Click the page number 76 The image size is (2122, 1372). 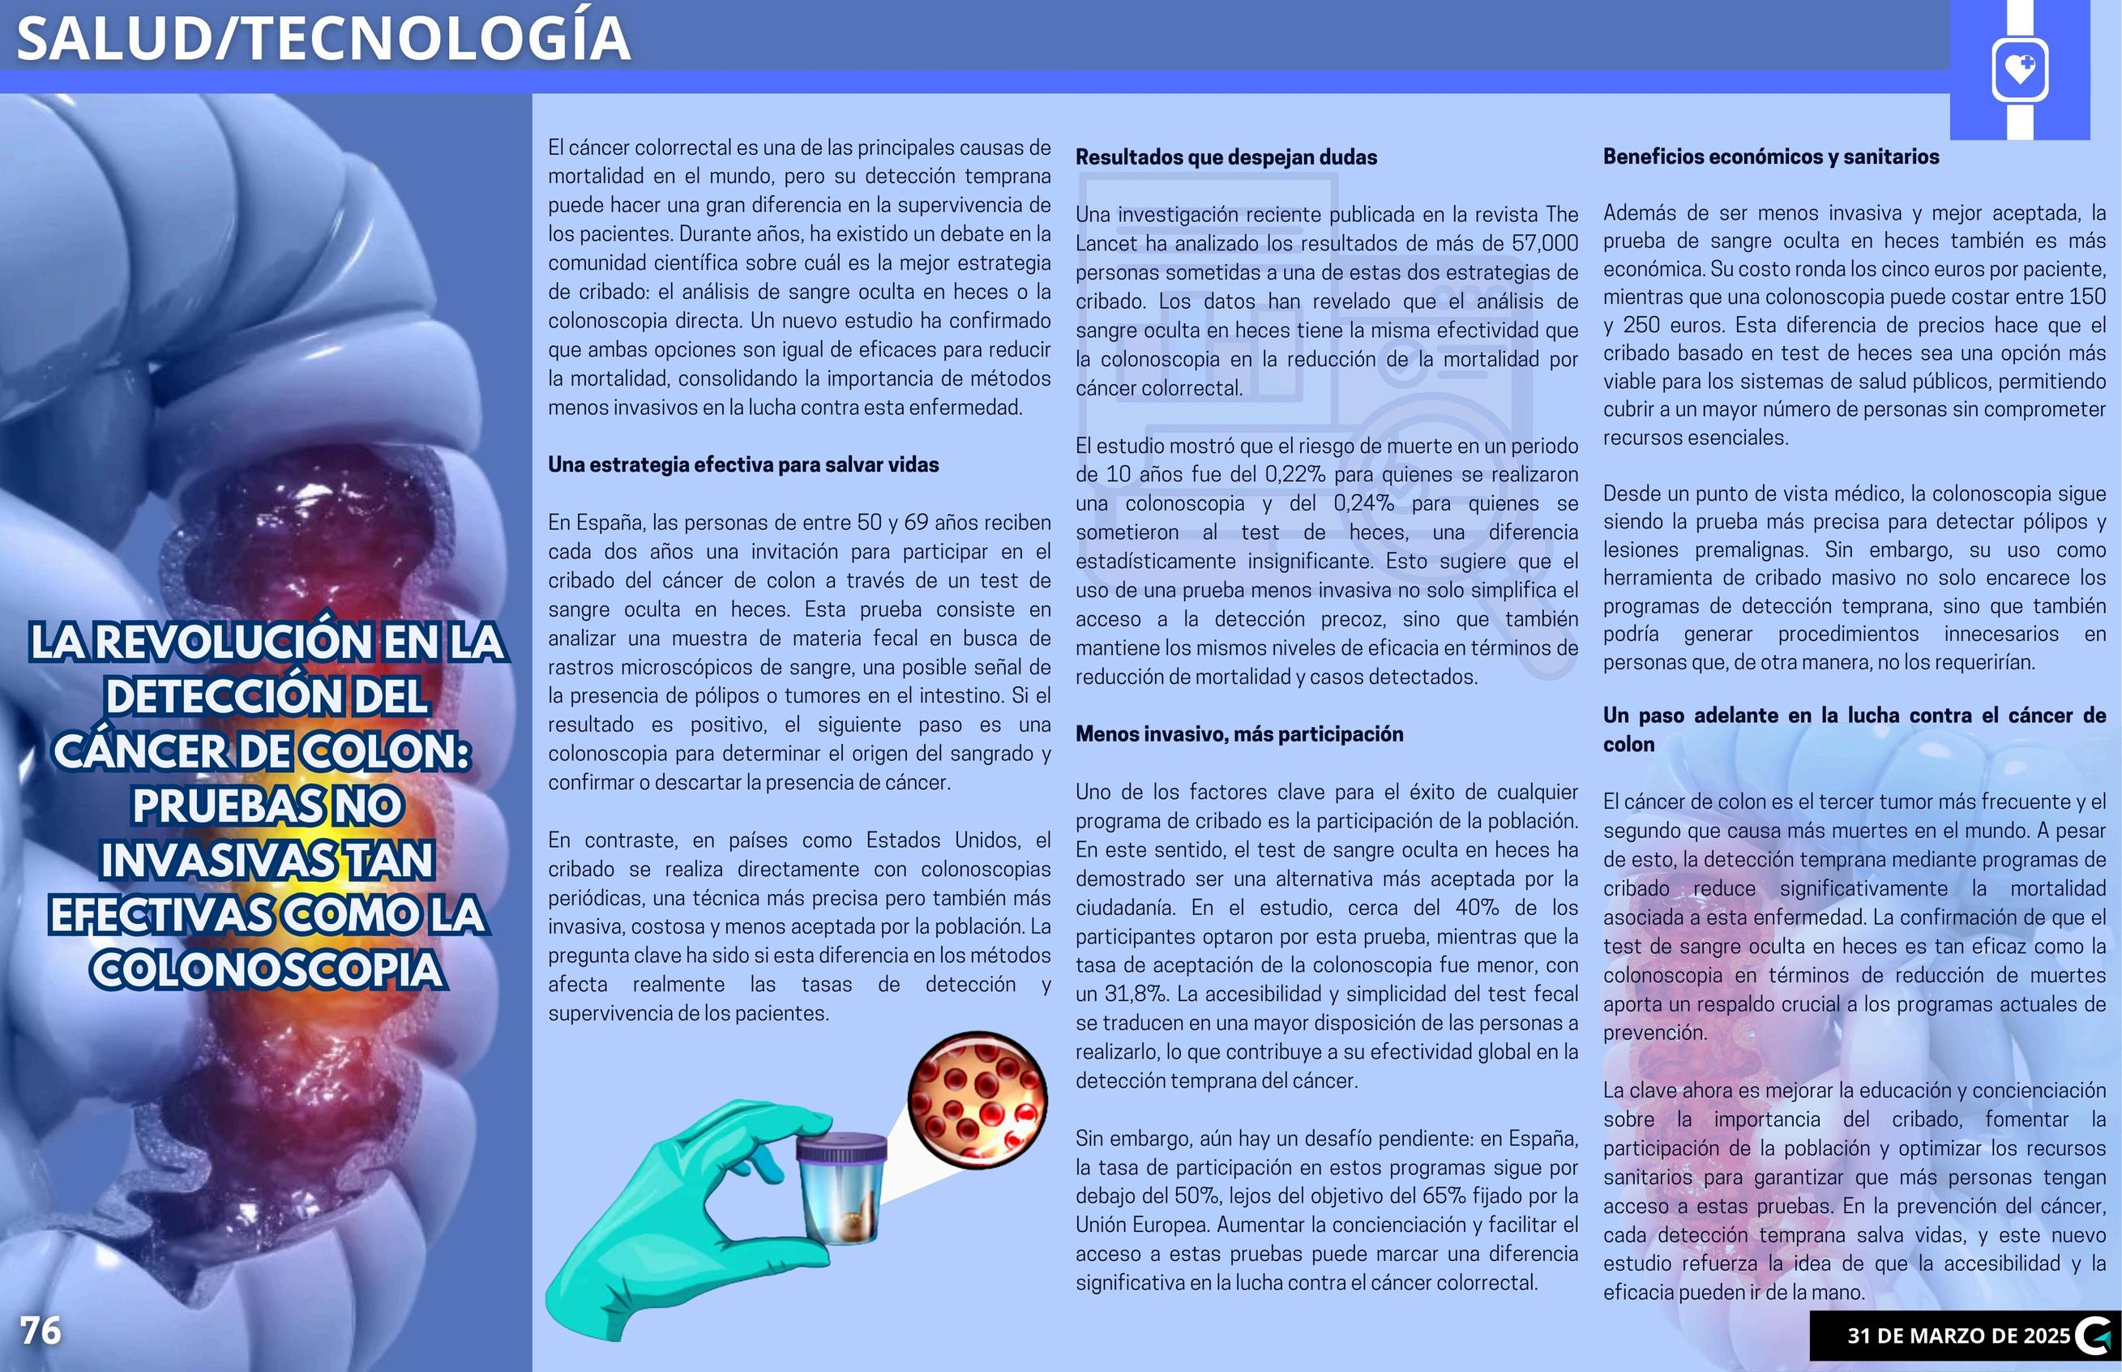[x=41, y=1331]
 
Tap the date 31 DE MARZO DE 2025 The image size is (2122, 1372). [x=1958, y=1336]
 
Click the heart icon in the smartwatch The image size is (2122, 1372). [x=2020, y=69]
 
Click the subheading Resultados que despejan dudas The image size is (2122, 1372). [x=1226, y=158]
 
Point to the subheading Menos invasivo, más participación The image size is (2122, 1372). [x=1239, y=734]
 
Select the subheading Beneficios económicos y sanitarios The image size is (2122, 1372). [x=1771, y=156]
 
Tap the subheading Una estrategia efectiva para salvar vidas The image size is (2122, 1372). [x=743, y=465]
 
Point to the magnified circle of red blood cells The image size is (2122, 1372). [x=978, y=1098]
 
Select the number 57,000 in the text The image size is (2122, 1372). [x=1544, y=243]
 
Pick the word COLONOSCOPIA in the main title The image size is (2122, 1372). [x=267, y=969]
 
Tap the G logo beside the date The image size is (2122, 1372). [x=2093, y=1336]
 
